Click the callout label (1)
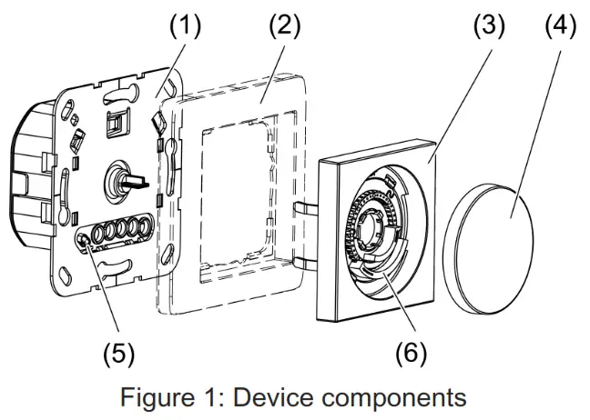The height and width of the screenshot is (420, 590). [x=185, y=26]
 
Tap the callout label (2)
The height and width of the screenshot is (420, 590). [x=285, y=26]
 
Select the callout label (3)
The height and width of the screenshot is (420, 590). [x=489, y=26]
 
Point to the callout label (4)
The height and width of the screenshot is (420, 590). [x=561, y=26]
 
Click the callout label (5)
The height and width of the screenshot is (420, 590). [x=118, y=354]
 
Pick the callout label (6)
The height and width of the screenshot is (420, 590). [x=411, y=354]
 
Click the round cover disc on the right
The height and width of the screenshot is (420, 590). [x=488, y=249]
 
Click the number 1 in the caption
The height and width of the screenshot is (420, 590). [x=206, y=397]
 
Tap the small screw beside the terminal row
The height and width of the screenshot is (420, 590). [x=84, y=239]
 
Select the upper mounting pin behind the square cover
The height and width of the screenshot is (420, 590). [x=306, y=207]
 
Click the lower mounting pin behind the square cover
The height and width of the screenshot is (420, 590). [x=306, y=264]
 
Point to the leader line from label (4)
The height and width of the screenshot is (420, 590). [x=535, y=134]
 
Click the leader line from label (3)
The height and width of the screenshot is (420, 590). [x=460, y=106]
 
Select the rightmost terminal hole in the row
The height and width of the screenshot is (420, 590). [x=146, y=227]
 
